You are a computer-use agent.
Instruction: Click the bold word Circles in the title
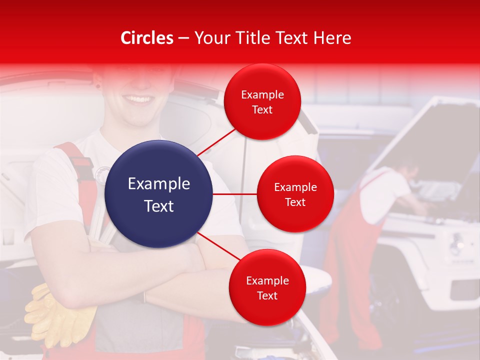point(147,38)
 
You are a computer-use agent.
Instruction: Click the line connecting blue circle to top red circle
point(216,141)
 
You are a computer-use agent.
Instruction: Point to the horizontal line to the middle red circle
point(235,194)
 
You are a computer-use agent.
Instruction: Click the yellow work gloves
point(60,315)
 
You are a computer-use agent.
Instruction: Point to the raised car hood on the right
point(440,135)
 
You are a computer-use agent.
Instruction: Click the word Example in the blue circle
point(159,184)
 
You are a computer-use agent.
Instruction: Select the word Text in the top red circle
point(262,110)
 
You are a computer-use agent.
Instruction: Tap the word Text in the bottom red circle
point(267,296)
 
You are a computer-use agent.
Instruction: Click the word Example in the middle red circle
point(295,187)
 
